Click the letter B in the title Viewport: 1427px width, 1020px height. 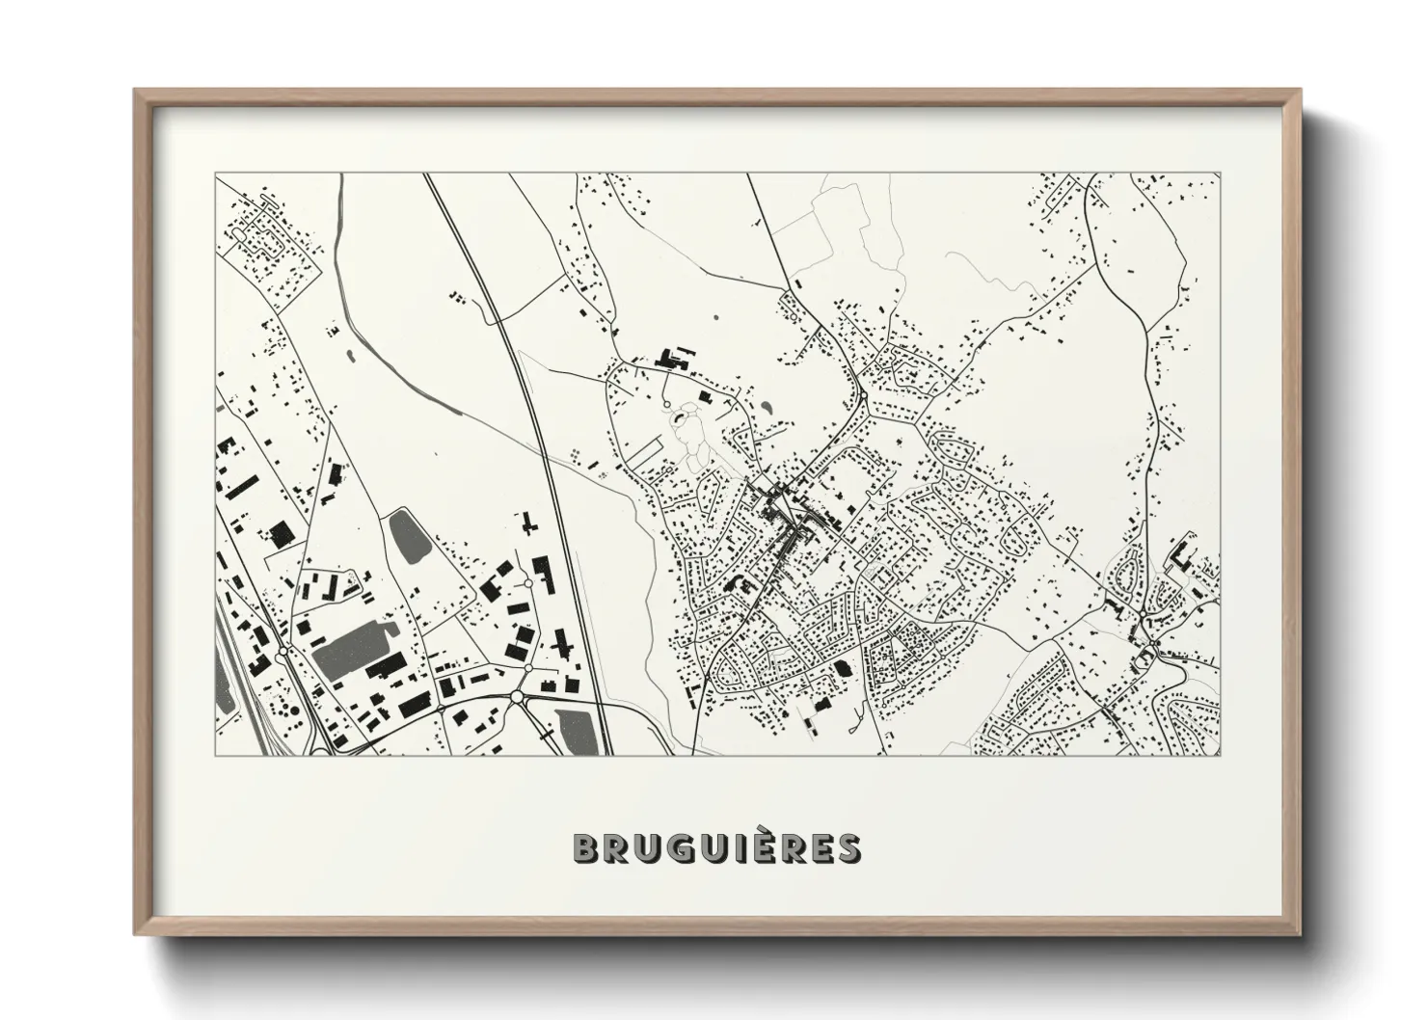click(586, 848)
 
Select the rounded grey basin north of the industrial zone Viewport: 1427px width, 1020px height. click(406, 536)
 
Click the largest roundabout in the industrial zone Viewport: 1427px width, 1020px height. click(518, 695)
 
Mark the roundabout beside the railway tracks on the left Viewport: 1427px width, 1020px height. click(282, 654)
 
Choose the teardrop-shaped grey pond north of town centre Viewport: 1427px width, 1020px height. click(767, 408)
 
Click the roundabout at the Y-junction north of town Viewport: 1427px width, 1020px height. click(864, 394)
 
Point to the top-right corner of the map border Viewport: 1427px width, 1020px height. click(1221, 174)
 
